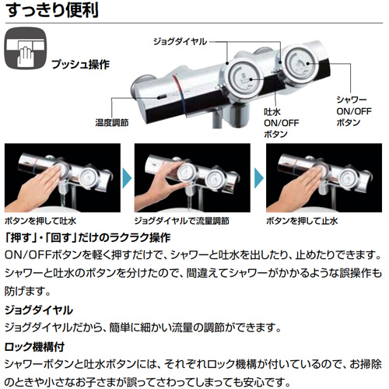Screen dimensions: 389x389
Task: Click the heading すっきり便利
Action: click(x=53, y=10)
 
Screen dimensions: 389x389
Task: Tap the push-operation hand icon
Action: click(x=26, y=49)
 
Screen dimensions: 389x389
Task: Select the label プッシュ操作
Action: click(x=81, y=65)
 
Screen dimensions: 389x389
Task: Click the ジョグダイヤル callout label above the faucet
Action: click(x=180, y=41)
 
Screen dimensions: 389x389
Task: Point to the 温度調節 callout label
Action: click(x=112, y=123)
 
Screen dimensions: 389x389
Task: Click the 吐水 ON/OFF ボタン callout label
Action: click(x=282, y=123)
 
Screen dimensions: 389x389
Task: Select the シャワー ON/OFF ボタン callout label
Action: click(x=354, y=111)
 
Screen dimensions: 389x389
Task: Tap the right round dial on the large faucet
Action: click(x=298, y=64)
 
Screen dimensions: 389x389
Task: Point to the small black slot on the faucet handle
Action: click(x=162, y=96)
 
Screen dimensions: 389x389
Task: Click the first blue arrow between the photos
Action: click(x=127, y=178)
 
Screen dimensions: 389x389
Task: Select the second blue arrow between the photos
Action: click(x=259, y=178)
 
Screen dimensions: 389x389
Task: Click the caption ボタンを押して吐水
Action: click(x=40, y=221)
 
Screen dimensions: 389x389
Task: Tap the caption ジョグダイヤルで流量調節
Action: click(x=181, y=221)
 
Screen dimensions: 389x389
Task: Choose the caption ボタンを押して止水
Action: click(x=302, y=221)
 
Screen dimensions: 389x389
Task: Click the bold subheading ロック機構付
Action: click(x=34, y=347)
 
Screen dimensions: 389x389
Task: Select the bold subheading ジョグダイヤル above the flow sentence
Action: click(x=39, y=310)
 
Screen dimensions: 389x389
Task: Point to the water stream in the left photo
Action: click(x=62, y=200)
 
